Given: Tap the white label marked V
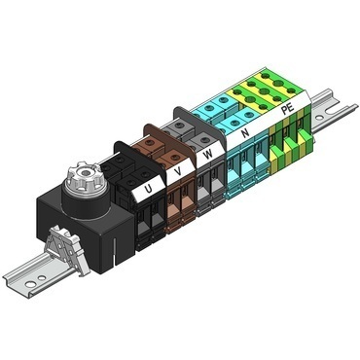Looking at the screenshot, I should click(x=176, y=172).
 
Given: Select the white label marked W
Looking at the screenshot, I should click(x=208, y=155).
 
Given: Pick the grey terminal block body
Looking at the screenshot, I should click(x=206, y=190).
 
